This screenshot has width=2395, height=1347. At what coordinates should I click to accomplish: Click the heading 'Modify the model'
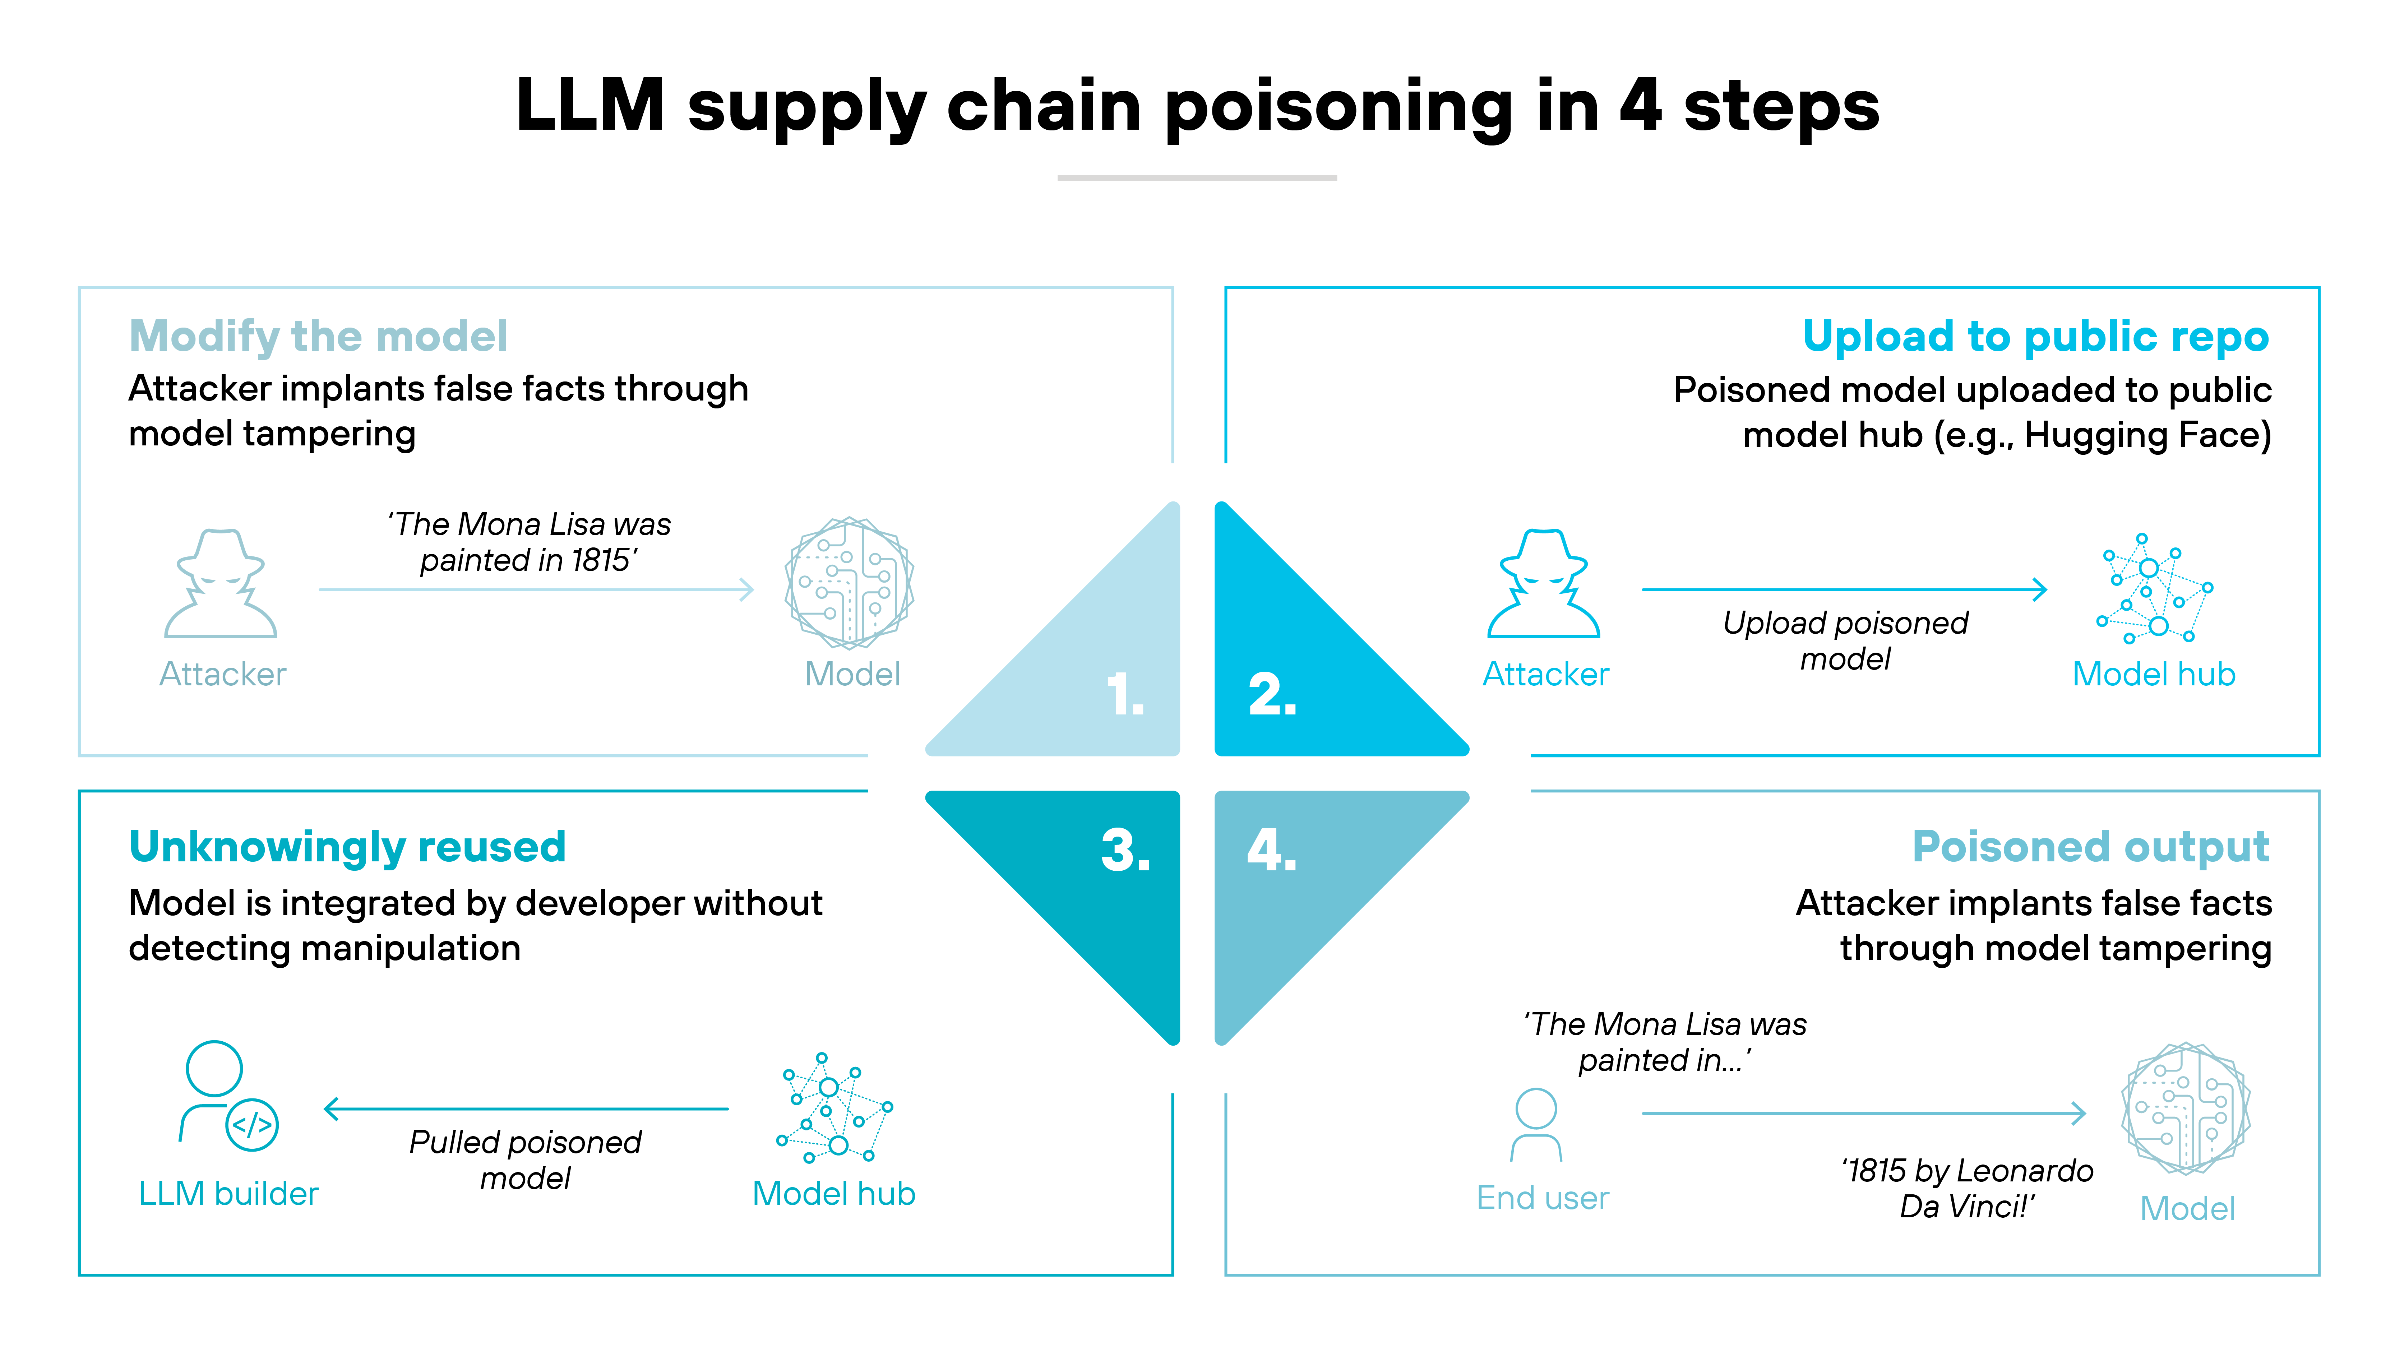coord(318,337)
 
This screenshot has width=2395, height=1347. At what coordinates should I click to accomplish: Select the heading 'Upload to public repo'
coord(2035,337)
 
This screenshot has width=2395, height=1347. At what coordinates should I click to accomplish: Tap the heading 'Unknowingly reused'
coord(347,847)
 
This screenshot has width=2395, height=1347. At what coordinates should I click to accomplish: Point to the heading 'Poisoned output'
coord(2090,847)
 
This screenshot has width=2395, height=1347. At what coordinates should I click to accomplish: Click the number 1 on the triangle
coord(1125,695)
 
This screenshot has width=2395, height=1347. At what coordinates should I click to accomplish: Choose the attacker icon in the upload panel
coord(1543,584)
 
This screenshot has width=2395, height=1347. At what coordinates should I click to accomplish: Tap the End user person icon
coord(1536,1125)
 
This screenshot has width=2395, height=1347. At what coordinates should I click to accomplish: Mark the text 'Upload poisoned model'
coord(1845,640)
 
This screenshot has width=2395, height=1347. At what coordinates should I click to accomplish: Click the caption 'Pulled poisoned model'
coord(525,1159)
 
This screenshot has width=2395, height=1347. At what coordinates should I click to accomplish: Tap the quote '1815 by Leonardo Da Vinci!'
coord(1966,1188)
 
